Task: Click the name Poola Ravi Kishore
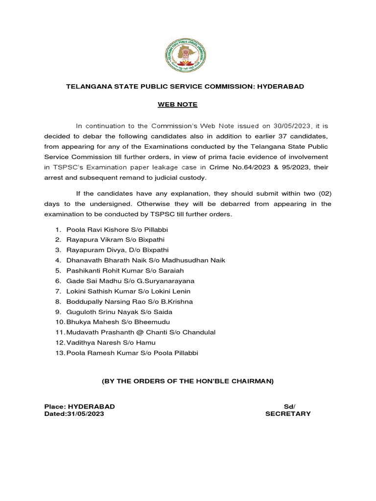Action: (93, 229)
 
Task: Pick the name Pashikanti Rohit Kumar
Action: (99, 270)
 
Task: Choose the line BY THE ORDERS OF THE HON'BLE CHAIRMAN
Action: (188, 381)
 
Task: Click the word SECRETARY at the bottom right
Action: (288, 413)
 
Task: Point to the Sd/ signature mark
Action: (289, 407)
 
